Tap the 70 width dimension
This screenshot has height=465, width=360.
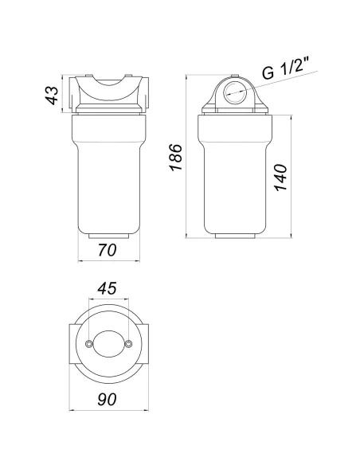point(108,250)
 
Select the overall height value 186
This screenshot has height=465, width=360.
point(176,157)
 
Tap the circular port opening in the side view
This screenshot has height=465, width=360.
point(236,92)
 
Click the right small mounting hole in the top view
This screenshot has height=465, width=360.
point(128,344)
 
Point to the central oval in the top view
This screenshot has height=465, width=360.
point(108,344)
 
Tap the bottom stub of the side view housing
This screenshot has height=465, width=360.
point(236,237)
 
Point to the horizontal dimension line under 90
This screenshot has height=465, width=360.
point(108,411)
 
